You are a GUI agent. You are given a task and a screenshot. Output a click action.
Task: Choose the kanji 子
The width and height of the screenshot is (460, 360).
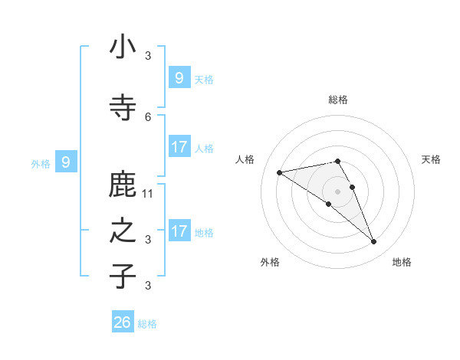[123, 276]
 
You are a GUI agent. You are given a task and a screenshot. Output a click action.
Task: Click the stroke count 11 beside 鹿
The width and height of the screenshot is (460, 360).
[149, 194]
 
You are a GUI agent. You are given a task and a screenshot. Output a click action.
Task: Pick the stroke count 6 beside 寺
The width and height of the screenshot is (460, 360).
[148, 116]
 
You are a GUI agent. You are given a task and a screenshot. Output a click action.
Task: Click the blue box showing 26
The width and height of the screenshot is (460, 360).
[123, 322]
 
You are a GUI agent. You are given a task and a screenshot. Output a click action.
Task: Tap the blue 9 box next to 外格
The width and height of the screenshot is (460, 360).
[66, 162]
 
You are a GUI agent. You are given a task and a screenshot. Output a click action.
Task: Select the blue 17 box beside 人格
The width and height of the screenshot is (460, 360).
[179, 147]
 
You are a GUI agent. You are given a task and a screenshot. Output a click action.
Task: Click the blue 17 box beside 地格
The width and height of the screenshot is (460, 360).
[179, 231]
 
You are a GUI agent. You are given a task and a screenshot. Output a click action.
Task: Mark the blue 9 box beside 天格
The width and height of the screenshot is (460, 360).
[179, 78]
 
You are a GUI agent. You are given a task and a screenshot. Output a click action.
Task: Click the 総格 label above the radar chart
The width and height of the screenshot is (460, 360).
[338, 100]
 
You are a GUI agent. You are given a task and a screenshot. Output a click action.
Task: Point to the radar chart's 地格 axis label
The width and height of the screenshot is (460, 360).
[402, 262]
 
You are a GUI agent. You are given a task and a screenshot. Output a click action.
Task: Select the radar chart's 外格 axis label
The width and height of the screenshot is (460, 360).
[270, 262]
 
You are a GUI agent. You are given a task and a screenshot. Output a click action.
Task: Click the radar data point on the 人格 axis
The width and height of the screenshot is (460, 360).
[279, 172]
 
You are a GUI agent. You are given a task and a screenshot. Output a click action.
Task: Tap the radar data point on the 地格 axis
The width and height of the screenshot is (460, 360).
[374, 242]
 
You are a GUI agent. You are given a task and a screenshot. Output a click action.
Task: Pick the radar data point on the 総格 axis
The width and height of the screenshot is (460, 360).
[337, 161]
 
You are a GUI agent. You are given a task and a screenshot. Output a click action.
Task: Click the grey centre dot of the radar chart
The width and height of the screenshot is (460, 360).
[337, 191]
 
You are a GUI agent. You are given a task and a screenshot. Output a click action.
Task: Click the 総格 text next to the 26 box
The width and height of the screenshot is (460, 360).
[147, 324]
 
